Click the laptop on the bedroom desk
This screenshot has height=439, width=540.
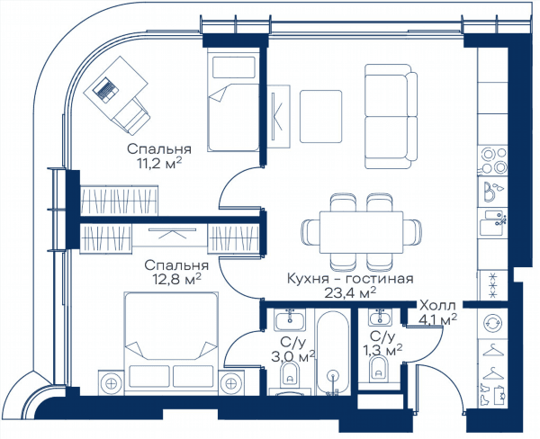tap(106, 90)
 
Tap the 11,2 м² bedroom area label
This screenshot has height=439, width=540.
tap(159, 163)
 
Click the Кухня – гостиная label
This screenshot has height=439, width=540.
tap(350, 278)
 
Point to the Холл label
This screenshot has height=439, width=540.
tap(437, 305)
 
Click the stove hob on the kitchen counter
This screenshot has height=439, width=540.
tap(493, 160)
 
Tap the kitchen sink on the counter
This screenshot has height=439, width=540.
tap(493, 222)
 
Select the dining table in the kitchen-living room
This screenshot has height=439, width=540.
tap(361, 232)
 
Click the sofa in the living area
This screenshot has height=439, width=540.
tap(391, 116)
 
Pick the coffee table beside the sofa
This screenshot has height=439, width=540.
tap(320, 116)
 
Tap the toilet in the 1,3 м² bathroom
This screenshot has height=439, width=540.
tap(378, 370)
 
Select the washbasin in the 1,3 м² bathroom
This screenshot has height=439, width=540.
tap(380, 318)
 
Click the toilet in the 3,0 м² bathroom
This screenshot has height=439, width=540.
tap(290, 373)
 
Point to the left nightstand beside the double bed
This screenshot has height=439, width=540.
tap(112, 382)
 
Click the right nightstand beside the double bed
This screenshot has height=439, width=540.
tap(230, 382)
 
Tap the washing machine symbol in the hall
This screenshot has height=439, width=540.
tap(493, 323)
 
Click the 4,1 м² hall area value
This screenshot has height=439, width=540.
tap(437, 319)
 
